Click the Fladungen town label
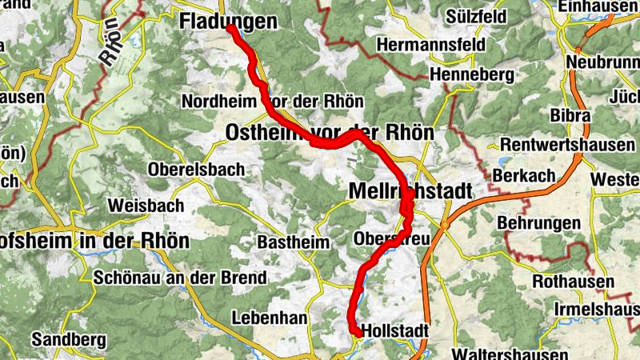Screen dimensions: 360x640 [x=227, y=22]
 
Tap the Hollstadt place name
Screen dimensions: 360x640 [x=395, y=330]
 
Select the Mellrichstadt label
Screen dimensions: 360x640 [x=410, y=191]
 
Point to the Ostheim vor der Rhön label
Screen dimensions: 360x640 [x=330, y=132]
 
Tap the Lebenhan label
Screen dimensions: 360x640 [x=270, y=318]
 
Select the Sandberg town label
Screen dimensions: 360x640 [x=69, y=339]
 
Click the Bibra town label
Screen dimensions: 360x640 [x=571, y=115]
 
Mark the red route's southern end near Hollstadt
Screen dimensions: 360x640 [x=355, y=332]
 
